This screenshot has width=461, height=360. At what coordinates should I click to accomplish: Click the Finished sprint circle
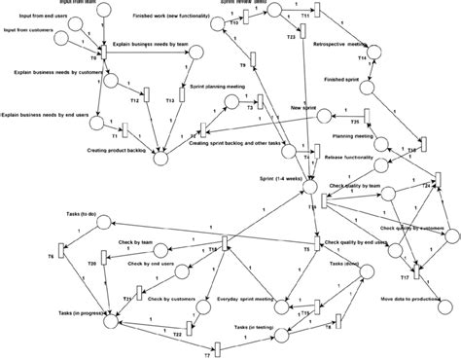(369, 88)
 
